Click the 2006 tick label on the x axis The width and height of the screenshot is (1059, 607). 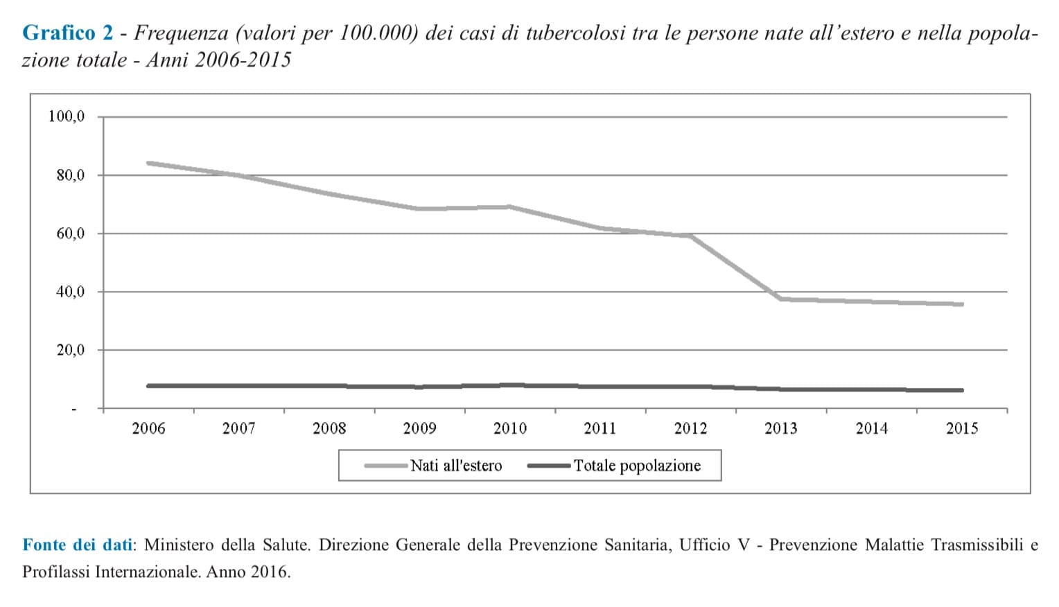coord(148,428)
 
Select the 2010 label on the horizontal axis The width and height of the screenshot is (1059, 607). coord(509,428)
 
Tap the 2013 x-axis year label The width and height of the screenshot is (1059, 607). coord(780,428)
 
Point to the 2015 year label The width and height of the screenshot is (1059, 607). coord(962,428)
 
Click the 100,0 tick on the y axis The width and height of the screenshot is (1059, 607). coord(67,116)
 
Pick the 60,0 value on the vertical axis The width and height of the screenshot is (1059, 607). coord(70,234)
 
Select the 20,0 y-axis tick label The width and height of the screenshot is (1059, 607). coord(70,350)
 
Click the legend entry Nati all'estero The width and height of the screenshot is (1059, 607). coord(455,466)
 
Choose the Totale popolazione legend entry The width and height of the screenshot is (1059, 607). coord(637,466)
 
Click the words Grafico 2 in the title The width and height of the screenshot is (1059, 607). coord(67,33)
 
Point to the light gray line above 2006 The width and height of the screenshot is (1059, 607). coord(148,163)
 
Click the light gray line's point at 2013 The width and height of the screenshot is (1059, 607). coord(780,299)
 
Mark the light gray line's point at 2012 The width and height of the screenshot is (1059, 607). coord(690,236)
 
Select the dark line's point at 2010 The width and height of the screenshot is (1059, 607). coord(510,385)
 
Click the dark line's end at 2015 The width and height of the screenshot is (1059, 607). coord(962,390)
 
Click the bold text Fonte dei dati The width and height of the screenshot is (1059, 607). coord(77,545)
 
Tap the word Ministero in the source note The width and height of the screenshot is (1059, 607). coord(179,545)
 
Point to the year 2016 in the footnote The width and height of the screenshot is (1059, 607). coord(269,572)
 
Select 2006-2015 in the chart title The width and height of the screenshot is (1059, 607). coord(243,60)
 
